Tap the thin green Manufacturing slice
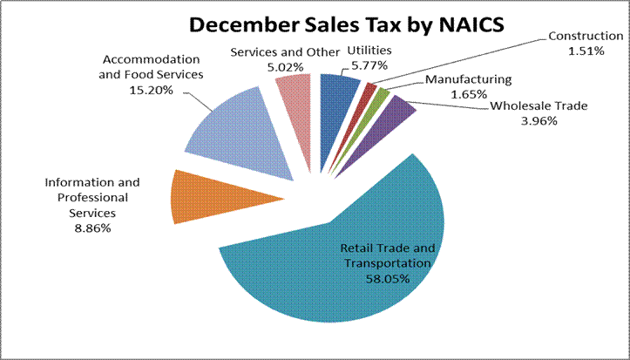coord(381,96)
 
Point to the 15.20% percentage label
coord(153,90)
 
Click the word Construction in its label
coord(586,37)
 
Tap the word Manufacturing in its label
coord(463,80)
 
